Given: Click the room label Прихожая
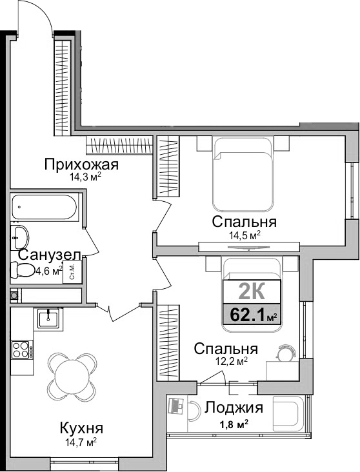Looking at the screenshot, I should [72, 164].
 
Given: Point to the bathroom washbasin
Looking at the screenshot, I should [19, 235].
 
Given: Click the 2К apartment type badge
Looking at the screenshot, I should [252, 291].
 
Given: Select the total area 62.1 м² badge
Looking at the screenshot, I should [252, 315].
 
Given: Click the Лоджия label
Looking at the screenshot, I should [234, 408].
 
